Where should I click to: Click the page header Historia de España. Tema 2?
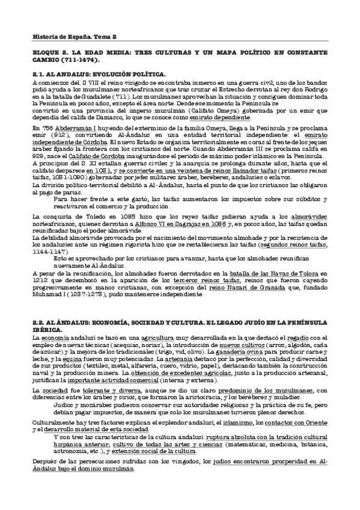[65, 37]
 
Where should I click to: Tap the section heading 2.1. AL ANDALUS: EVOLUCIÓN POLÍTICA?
[100, 74]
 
